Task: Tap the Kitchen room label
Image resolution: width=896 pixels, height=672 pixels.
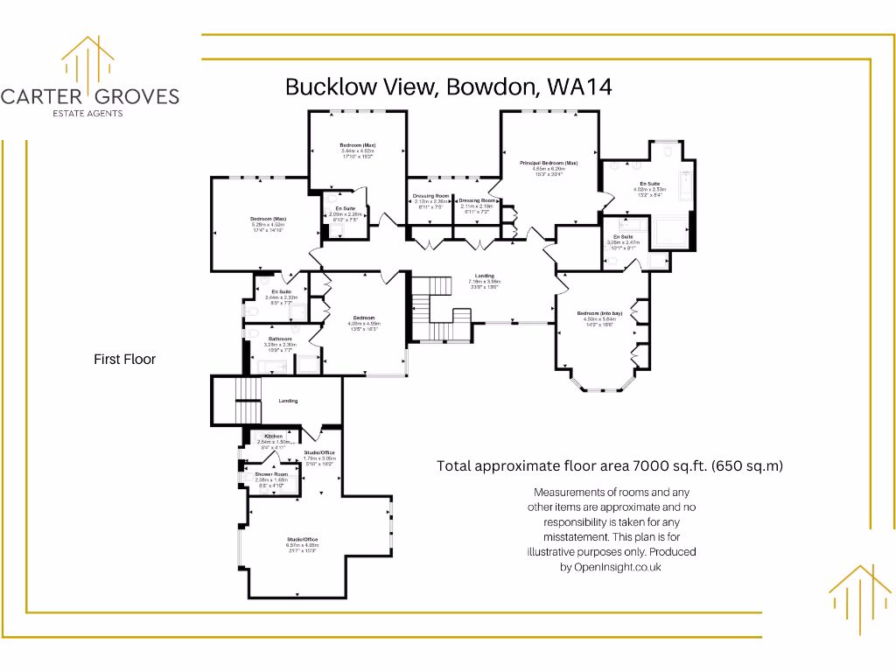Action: pos(274,436)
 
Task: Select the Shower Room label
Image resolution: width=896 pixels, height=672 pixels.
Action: pos(271,474)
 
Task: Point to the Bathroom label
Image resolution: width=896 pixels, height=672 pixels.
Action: pos(280,339)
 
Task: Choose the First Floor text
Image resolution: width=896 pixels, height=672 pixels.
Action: pos(124,359)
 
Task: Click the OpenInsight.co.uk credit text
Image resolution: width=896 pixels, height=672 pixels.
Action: pos(617,567)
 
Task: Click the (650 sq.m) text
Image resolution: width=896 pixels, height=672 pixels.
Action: pos(747,466)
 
